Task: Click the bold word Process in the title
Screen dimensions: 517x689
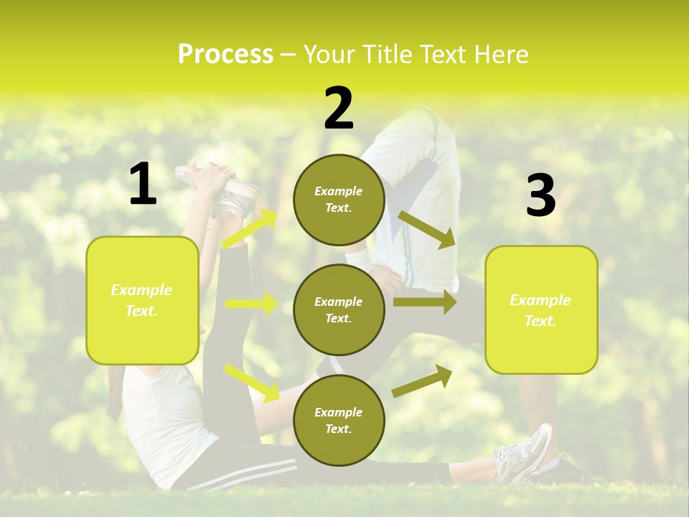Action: (x=225, y=55)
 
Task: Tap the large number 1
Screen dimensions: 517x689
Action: (x=143, y=185)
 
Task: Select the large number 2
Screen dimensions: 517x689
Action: (x=339, y=108)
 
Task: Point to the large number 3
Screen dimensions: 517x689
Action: (x=540, y=196)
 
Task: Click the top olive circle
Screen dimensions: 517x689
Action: (x=339, y=200)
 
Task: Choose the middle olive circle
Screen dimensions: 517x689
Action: (x=339, y=309)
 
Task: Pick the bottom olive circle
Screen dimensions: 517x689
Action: (x=339, y=420)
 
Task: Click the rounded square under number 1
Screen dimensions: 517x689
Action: (x=142, y=300)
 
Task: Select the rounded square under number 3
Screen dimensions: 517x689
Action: (x=541, y=309)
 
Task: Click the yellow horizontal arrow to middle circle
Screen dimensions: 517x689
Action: (x=251, y=304)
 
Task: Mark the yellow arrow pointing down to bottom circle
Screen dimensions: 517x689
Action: (x=251, y=382)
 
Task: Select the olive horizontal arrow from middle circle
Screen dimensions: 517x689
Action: (x=424, y=302)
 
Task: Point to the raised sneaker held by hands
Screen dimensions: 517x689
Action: (x=233, y=192)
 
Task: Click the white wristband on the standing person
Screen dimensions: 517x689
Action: (x=359, y=258)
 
